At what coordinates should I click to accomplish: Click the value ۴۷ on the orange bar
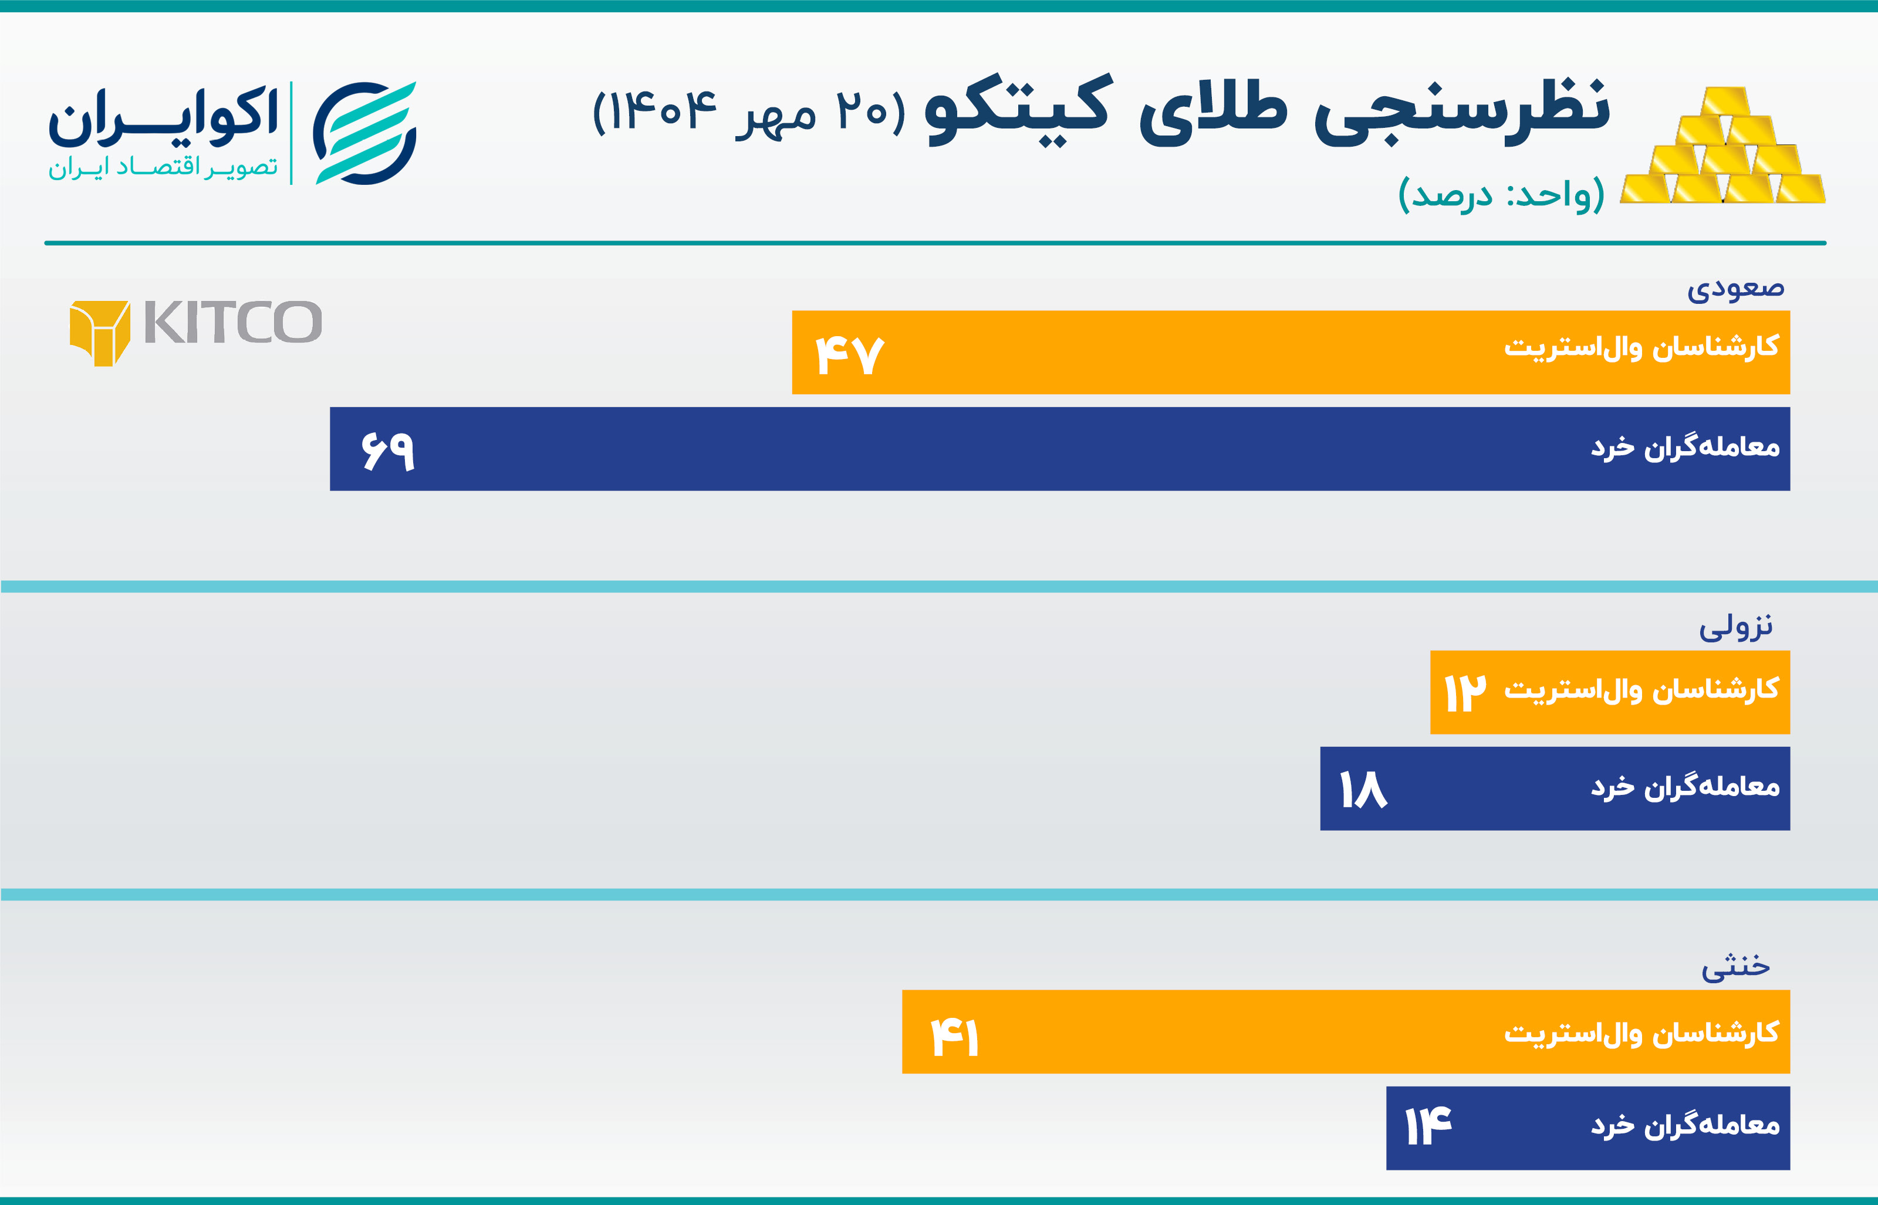[x=850, y=356]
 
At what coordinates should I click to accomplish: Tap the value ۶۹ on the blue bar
[x=388, y=452]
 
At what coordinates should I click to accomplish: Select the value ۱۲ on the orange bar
[x=1465, y=692]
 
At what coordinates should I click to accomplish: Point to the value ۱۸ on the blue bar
[x=1363, y=788]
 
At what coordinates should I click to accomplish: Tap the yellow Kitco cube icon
[x=100, y=333]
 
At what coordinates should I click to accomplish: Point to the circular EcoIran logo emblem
[x=364, y=133]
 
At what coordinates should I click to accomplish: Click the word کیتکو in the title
[x=1017, y=110]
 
